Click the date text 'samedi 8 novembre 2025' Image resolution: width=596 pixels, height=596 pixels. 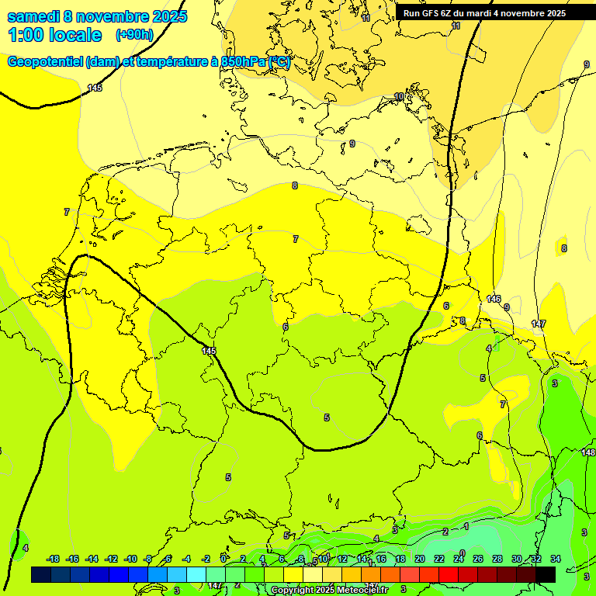pyautogui.click(x=97, y=16)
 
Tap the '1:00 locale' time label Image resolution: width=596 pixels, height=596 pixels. pyautogui.click(x=54, y=35)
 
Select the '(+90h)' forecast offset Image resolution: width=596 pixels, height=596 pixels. pyautogui.click(x=134, y=35)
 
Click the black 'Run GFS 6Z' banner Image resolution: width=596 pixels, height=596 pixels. pyautogui.click(x=485, y=12)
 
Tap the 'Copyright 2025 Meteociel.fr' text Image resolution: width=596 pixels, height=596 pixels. pyautogui.click(x=330, y=591)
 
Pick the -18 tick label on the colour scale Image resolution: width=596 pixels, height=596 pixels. pyautogui.click(x=53, y=559)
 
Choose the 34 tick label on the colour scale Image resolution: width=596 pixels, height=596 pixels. pyautogui.click(x=556, y=559)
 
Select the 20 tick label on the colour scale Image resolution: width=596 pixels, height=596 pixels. pyautogui.click(x=420, y=559)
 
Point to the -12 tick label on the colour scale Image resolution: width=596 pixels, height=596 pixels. pyautogui.click(x=111, y=559)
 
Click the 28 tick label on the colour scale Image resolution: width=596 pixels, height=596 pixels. pyautogui.click(x=497, y=559)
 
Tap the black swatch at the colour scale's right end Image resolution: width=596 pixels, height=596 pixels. pyautogui.click(x=546, y=574)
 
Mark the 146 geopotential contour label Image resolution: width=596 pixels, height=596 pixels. pyautogui.click(x=494, y=299)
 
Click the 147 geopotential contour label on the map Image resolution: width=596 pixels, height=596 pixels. pyautogui.click(x=539, y=323)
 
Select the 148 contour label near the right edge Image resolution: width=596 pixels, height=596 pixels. pyautogui.click(x=588, y=452)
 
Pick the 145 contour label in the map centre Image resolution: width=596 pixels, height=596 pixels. pyautogui.click(x=209, y=352)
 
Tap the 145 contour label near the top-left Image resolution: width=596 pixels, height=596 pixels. pyautogui.click(x=95, y=88)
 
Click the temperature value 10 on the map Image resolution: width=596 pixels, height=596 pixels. pyautogui.click(x=399, y=97)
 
